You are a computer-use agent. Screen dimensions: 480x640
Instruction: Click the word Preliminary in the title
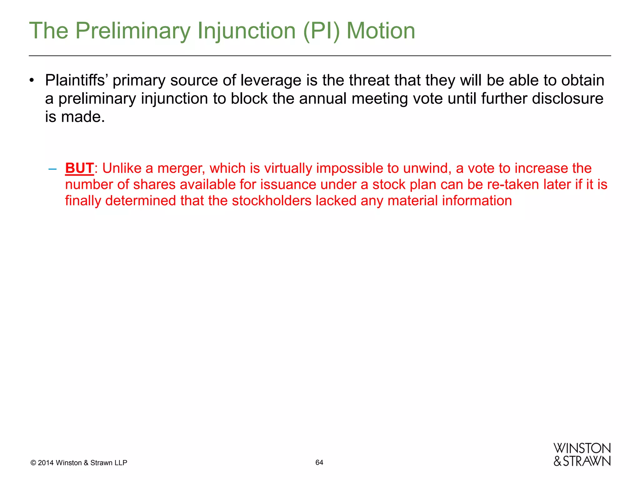click(132, 31)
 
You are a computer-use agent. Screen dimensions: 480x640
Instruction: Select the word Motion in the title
click(381, 31)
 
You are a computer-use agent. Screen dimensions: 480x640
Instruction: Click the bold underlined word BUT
click(79, 168)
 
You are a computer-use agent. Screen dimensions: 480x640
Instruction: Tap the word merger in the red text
click(181, 168)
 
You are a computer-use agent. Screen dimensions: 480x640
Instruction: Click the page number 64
click(319, 462)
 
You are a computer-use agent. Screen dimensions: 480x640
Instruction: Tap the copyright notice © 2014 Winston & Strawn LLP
click(79, 463)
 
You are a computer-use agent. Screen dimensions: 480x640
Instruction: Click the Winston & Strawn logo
click(582, 455)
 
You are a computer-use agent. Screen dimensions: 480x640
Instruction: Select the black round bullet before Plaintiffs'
click(32, 81)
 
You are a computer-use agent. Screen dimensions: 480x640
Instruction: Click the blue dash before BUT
click(52, 169)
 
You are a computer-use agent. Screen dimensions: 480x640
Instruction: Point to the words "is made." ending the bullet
click(75, 117)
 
